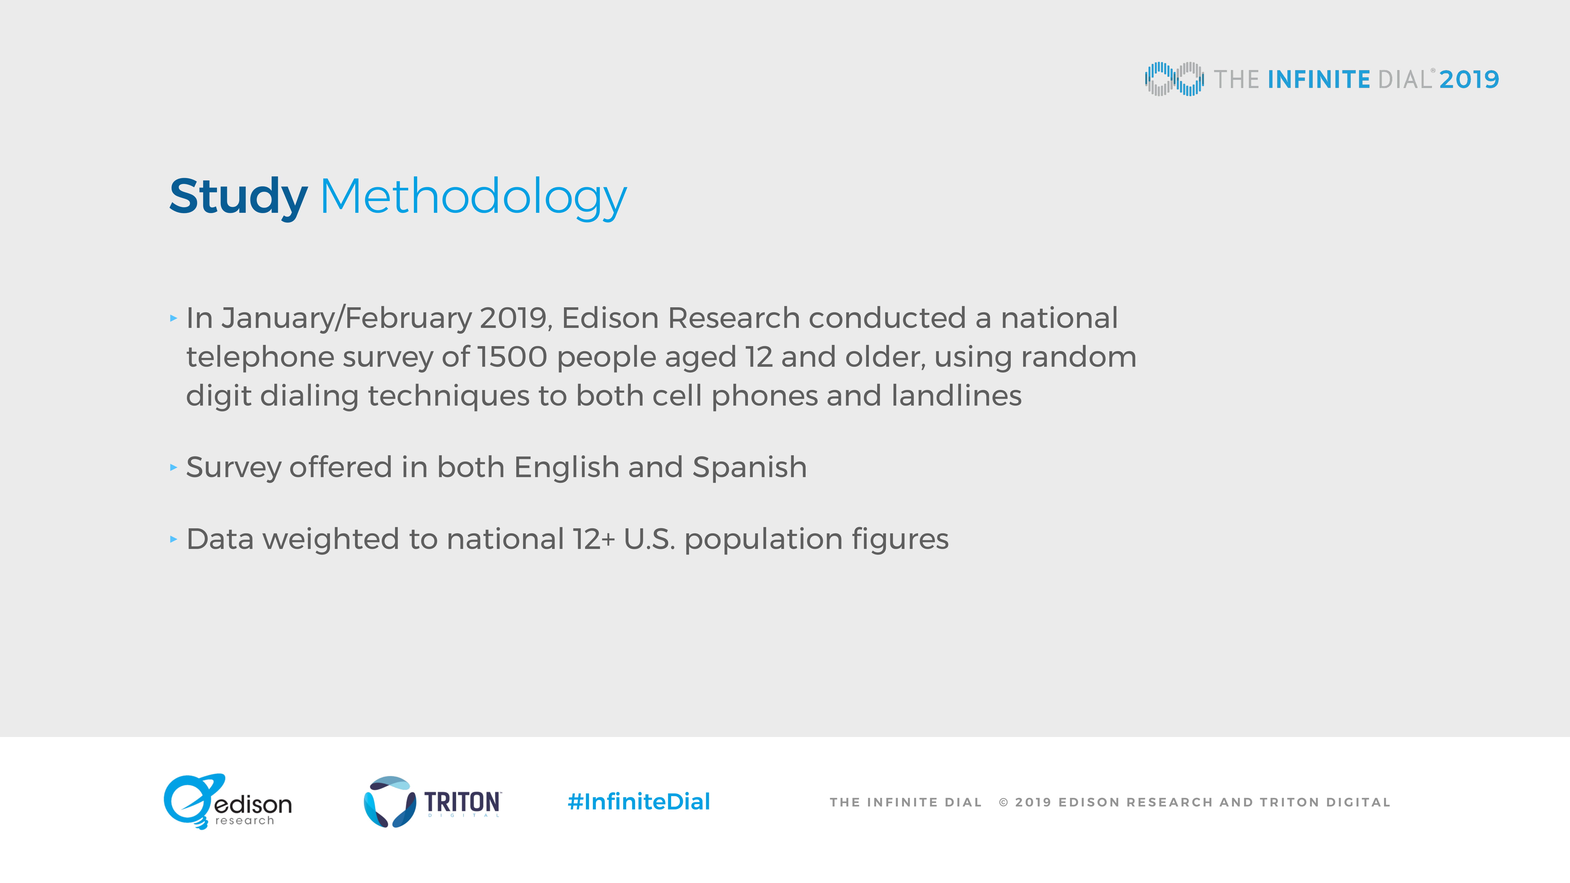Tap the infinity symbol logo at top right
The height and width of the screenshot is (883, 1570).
click(x=1174, y=79)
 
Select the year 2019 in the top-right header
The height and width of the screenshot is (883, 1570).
click(x=1469, y=79)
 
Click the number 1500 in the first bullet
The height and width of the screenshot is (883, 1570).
click(x=512, y=357)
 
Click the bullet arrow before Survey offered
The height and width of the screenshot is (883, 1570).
click(x=174, y=467)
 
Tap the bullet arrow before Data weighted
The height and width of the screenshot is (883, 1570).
click(x=174, y=539)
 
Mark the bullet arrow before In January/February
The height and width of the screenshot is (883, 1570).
click(x=174, y=318)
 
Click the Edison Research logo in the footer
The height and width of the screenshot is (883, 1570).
click(x=227, y=802)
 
